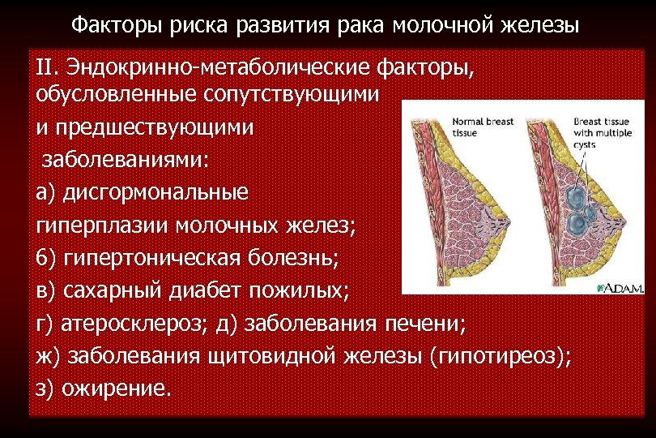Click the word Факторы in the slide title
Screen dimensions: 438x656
click(117, 25)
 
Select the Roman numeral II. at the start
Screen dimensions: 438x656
click(49, 66)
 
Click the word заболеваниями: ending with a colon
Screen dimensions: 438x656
click(126, 159)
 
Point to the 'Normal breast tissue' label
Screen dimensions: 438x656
click(483, 127)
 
